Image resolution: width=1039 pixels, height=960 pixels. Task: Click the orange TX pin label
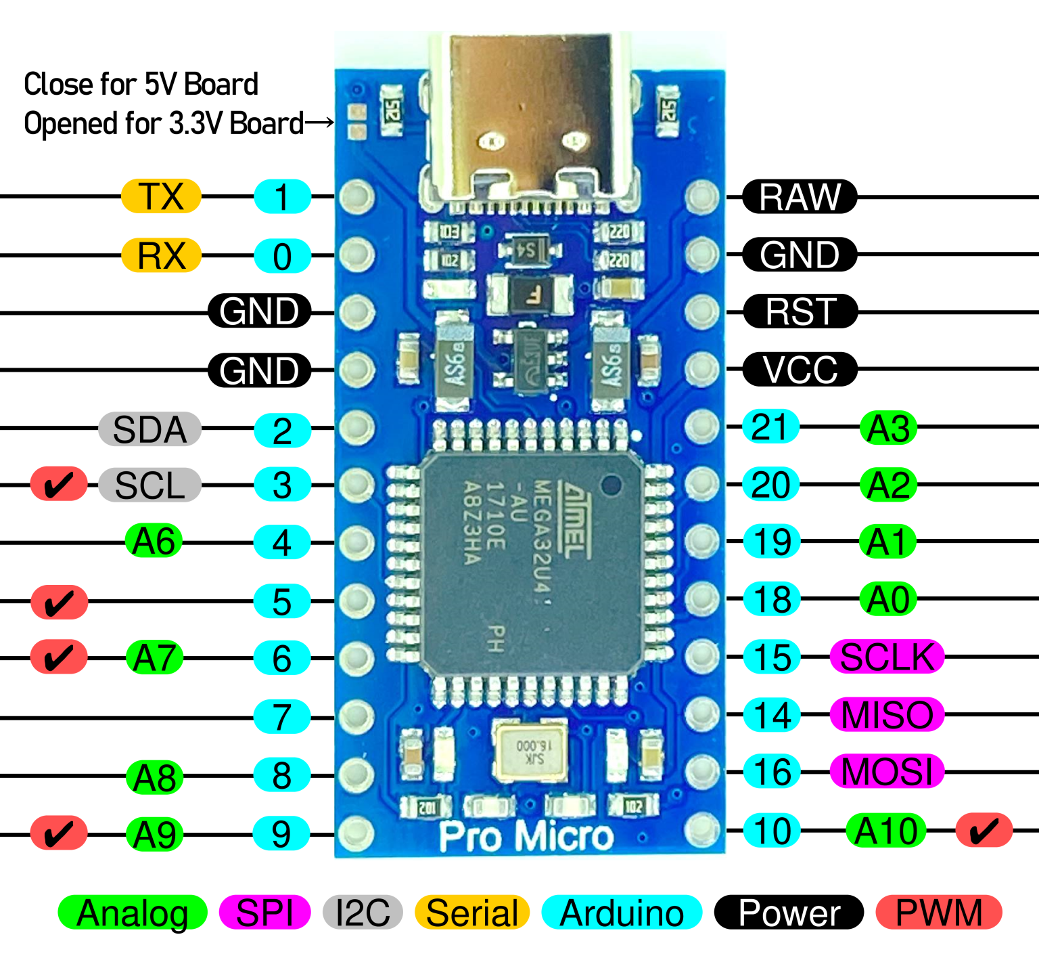click(161, 197)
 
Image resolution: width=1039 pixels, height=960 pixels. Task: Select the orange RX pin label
click(161, 256)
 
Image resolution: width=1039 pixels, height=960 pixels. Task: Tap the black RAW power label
click(800, 197)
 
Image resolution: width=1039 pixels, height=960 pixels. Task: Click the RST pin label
click(800, 312)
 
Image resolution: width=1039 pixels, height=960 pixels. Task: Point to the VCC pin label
click(800, 370)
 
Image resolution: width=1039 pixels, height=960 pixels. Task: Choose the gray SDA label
click(149, 429)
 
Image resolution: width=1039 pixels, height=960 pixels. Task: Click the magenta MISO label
click(887, 715)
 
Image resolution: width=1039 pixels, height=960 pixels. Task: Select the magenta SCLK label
click(887, 657)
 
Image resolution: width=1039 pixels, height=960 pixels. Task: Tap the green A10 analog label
click(886, 831)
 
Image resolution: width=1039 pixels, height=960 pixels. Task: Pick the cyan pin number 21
click(770, 427)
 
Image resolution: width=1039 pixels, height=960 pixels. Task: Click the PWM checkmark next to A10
click(984, 831)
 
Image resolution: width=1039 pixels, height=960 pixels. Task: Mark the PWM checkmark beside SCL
click(59, 485)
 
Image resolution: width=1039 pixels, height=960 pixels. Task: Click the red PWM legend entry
click(938, 913)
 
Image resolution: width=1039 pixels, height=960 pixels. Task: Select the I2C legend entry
click(363, 913)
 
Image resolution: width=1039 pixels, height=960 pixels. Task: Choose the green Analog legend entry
click(133, 913)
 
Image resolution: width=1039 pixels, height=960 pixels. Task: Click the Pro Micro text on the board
click(526, 837)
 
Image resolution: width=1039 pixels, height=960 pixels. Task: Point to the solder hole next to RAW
click(701, 197)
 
